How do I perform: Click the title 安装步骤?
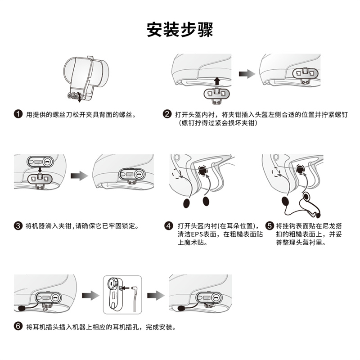point(180,30)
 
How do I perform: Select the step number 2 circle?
point(167,115)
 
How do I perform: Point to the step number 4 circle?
point(169,225)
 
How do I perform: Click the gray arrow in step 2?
point(245,74)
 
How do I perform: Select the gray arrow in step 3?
point(80,176)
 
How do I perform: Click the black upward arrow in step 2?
point(217,81)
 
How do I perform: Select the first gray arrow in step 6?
point(92,295)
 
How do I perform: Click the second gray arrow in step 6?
point(155,295)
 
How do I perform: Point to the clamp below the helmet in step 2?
point(217,93)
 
